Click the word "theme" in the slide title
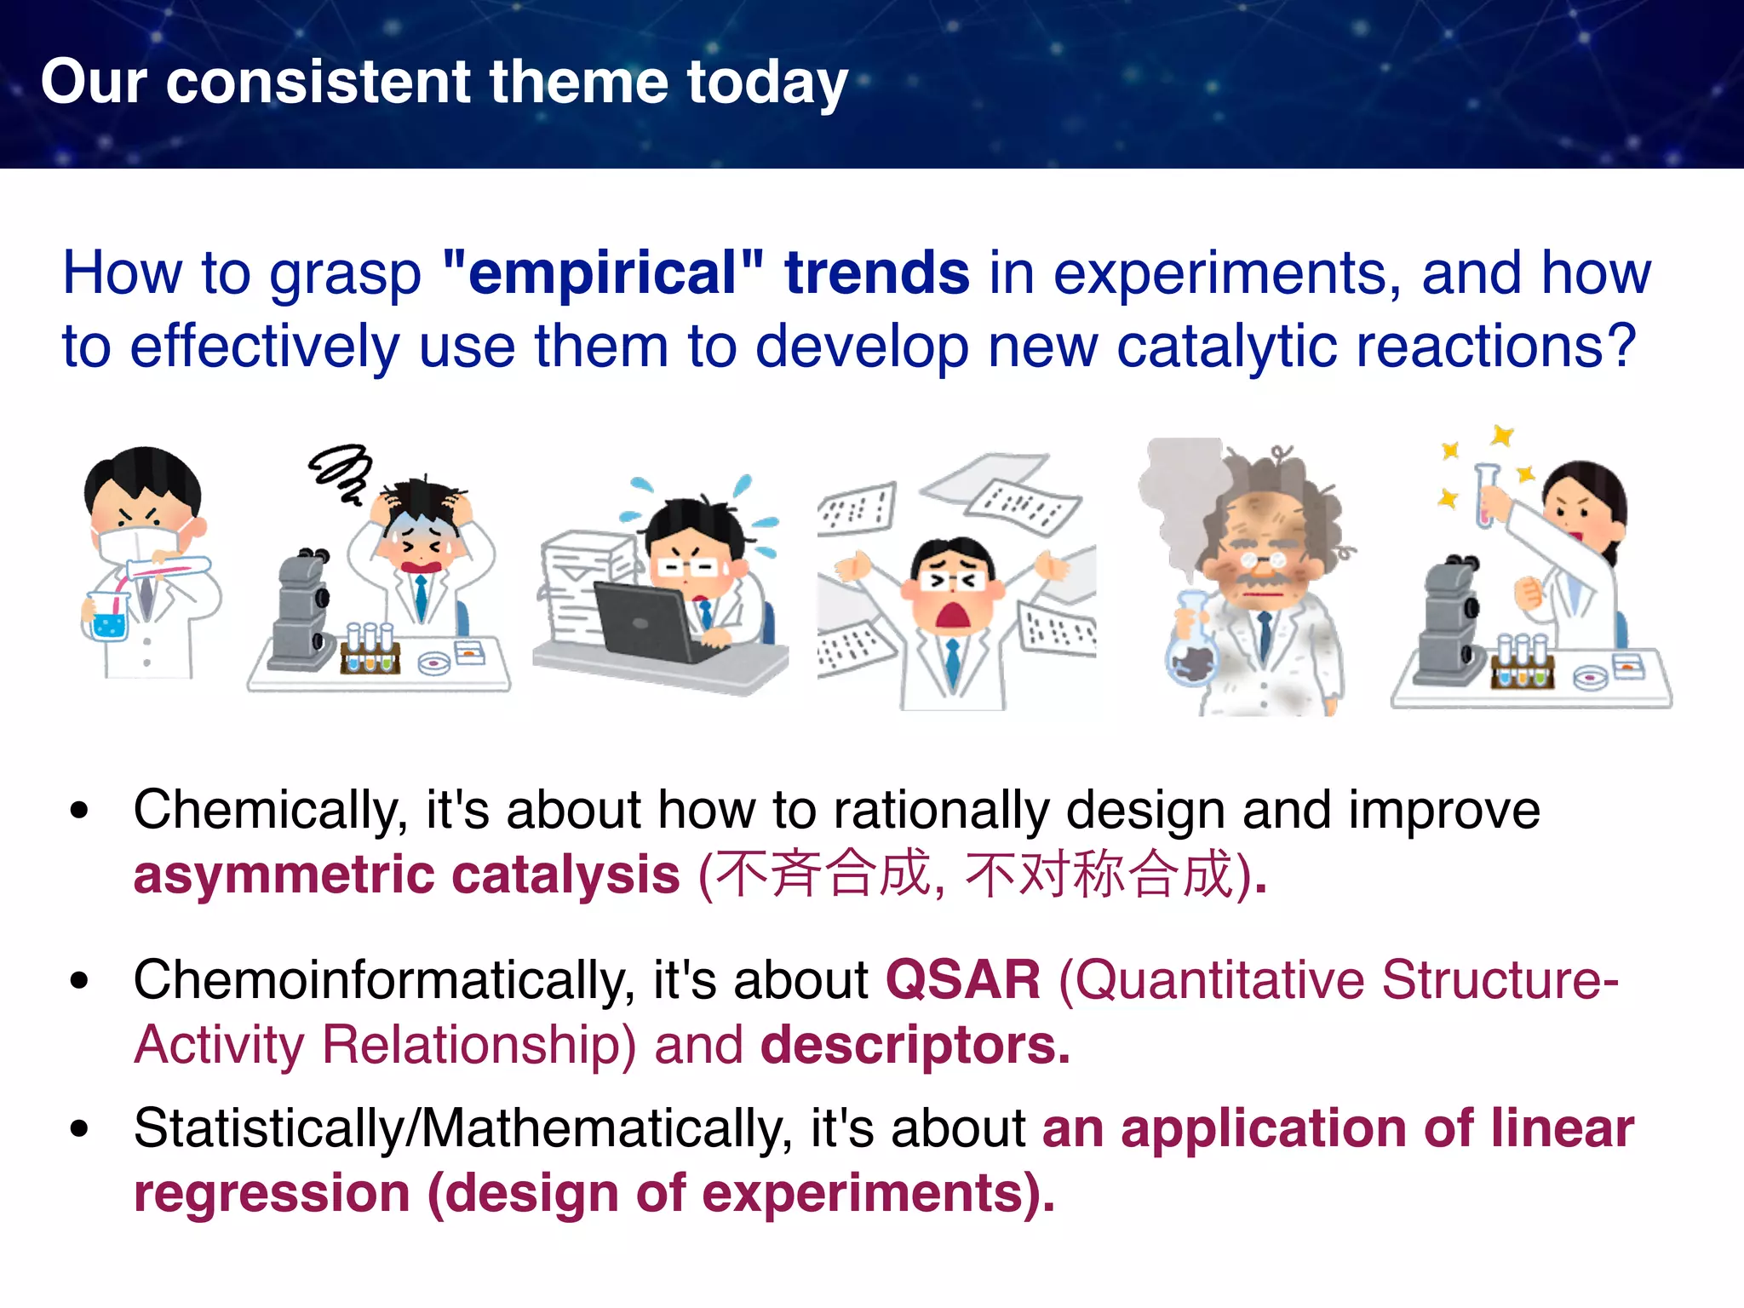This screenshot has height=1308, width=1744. click(578, 83)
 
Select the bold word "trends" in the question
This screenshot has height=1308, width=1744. click(876, 273)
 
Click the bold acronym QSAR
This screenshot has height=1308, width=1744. click(962, 980)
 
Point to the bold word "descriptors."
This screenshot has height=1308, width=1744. click(915, 1046)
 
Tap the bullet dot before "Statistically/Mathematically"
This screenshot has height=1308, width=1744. click(80, 1129)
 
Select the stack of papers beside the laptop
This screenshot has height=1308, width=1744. click(583, 588)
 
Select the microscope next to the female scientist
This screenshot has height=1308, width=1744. click(1448, 622)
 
